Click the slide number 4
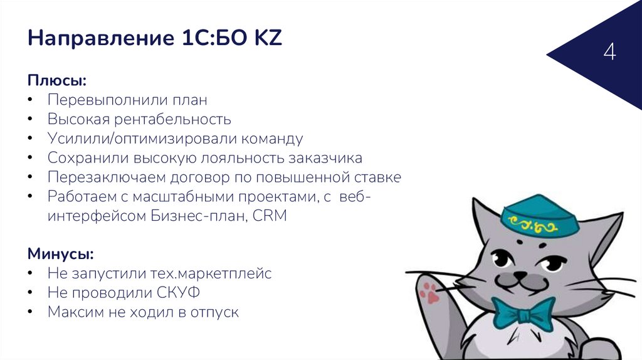(609, 52)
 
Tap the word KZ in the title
(268, 40)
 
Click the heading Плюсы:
(56, 81)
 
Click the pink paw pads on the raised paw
(429, 290)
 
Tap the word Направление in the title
(94, 40)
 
